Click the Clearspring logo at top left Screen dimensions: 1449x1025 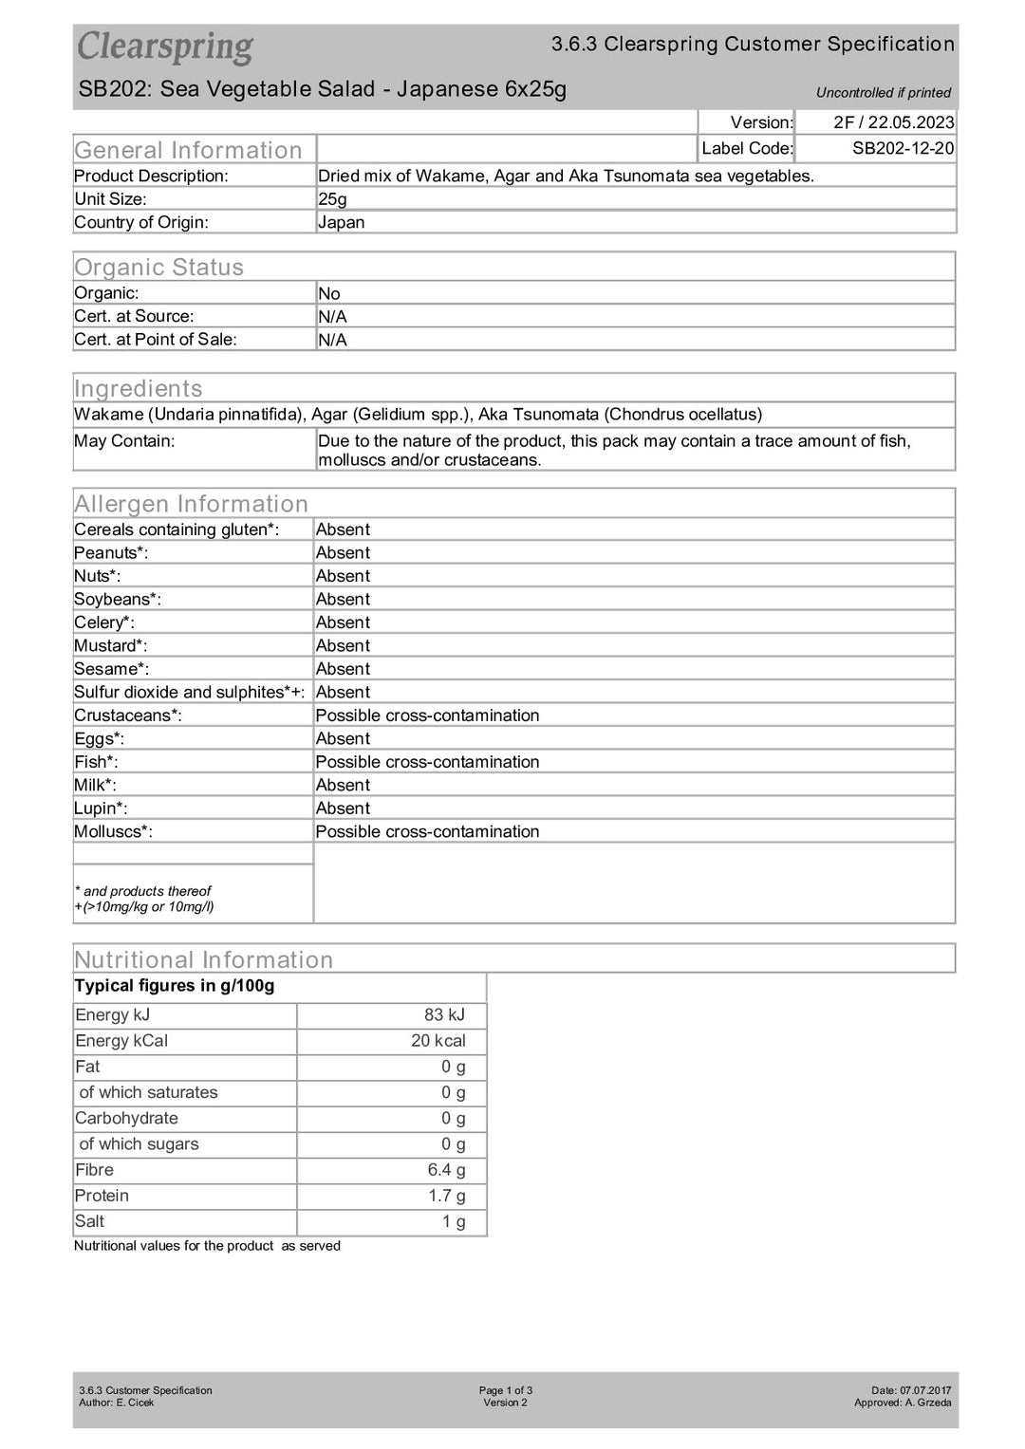165,46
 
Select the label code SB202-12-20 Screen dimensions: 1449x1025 903,148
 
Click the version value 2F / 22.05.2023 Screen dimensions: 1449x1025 893,122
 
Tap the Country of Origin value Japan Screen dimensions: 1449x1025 341,223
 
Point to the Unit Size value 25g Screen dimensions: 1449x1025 332,199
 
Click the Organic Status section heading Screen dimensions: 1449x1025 158,268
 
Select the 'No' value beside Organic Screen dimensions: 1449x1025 328,294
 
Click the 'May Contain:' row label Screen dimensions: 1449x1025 124,441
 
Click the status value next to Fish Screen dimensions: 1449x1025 427,762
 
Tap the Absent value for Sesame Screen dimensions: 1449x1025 343,669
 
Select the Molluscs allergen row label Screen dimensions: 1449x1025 113,831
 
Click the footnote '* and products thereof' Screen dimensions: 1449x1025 143,891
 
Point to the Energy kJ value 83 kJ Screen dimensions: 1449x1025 444,1015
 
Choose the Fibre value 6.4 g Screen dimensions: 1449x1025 446,1170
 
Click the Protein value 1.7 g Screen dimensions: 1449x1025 446,1196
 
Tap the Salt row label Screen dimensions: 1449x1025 90,1222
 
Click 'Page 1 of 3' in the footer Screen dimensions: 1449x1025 505,1390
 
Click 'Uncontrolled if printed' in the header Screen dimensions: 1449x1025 883,93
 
